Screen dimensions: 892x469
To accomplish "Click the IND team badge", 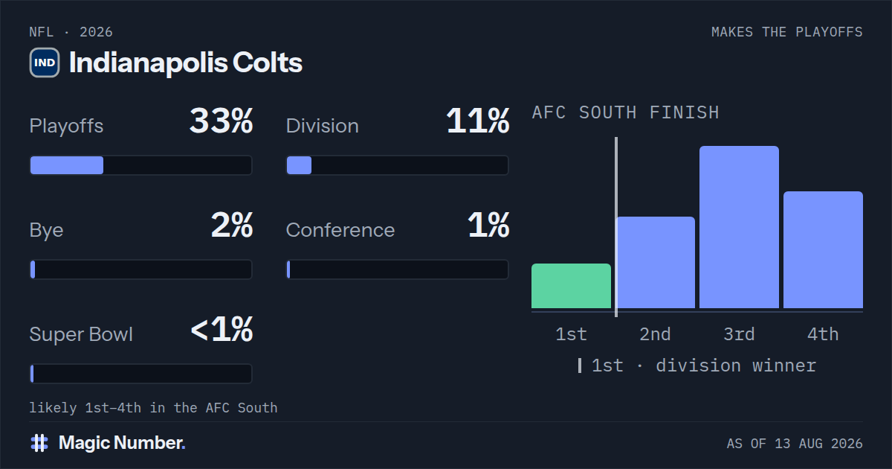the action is [x=45, y=63].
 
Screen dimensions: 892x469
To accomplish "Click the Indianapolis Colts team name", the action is [x=186, y=63].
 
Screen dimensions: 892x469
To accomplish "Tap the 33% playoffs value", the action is [x=221, y=121].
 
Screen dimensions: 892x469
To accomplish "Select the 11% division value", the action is [x=477, y=121].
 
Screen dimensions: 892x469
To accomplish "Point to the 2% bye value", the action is [x=232, y=225].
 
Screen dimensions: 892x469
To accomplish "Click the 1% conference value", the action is [x=488, y=225].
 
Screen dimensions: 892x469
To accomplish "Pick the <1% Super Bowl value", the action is [x=222, y=329].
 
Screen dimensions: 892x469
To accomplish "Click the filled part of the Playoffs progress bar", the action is [x=67, y=165].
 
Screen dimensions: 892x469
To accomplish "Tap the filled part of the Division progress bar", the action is [x=299, y=165].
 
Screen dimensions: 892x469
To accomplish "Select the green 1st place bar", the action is [x=571, y=286].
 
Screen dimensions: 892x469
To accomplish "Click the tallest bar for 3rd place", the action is [x=739, y=227].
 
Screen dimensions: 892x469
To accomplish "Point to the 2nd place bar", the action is [x=655, y=262].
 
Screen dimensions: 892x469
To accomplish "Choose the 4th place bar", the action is [x=823, y=249].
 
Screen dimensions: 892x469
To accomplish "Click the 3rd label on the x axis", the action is [x=739, y=334].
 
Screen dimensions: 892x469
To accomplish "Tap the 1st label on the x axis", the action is [x=571, y=334].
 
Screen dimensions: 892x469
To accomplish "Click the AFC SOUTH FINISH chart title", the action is [x=626, y=113].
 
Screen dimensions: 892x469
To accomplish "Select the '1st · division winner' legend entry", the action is [x=697, y=366].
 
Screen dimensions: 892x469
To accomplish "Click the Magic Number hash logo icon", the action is [x=39, y=443].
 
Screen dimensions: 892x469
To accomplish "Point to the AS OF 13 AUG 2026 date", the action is [x=795, y=444].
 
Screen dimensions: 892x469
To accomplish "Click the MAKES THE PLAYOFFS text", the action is [x=787, y=32].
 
